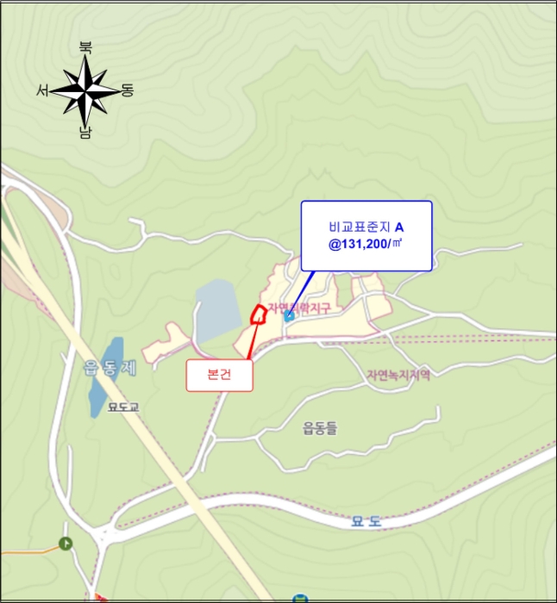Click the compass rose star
point(84,90)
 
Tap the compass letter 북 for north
point(84,47)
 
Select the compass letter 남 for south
point(84,133)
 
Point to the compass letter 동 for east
point(127,90)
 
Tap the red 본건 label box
point(220,376)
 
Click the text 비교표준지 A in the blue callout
point(366,227)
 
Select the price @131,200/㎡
point(366,245)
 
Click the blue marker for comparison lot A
point(290,316)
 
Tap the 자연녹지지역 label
point(397,375)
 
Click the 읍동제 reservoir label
point(110,369)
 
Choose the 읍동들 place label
point(321,427)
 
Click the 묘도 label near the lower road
point(366,521)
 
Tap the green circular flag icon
point(66,543)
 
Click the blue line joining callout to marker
point(302,293)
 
